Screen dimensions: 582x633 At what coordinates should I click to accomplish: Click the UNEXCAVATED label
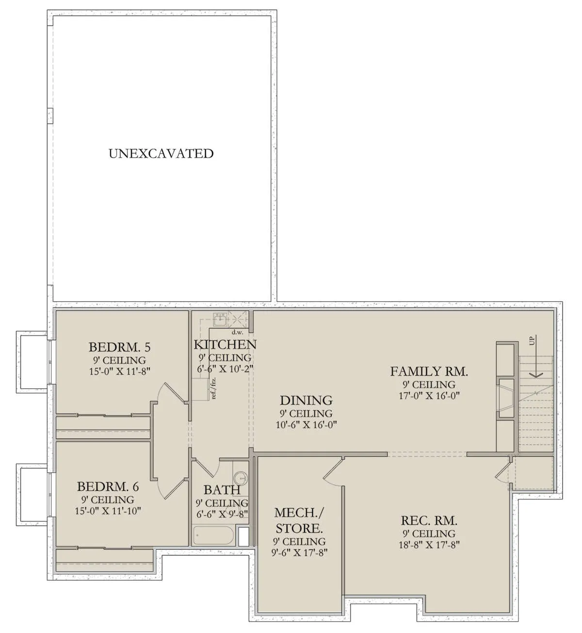click(161, 154)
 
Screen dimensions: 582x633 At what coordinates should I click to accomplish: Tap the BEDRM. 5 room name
click(119, 347)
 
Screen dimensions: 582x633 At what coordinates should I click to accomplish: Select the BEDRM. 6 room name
click(108, 486)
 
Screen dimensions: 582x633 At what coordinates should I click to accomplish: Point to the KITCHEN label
click(225, 345)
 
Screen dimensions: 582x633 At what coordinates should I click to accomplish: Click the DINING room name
click(306, 400)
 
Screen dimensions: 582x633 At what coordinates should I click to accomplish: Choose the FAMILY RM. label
click(429, 371)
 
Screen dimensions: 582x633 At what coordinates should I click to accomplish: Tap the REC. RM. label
click(429, 520)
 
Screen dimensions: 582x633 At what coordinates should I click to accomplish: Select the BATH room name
click(222, 490)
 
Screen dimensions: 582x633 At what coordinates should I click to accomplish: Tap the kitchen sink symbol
click(220, 320)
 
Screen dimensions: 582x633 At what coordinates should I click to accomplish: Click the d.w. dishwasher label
click(237, 333)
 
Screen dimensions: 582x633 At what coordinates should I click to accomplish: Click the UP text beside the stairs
click(533, 341)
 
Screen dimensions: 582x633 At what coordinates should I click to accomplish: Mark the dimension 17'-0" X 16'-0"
click(429, 396)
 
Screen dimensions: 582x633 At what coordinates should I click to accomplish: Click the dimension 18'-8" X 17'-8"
click(429, 545)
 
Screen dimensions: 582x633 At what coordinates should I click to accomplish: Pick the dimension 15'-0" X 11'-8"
click(119, 371)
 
